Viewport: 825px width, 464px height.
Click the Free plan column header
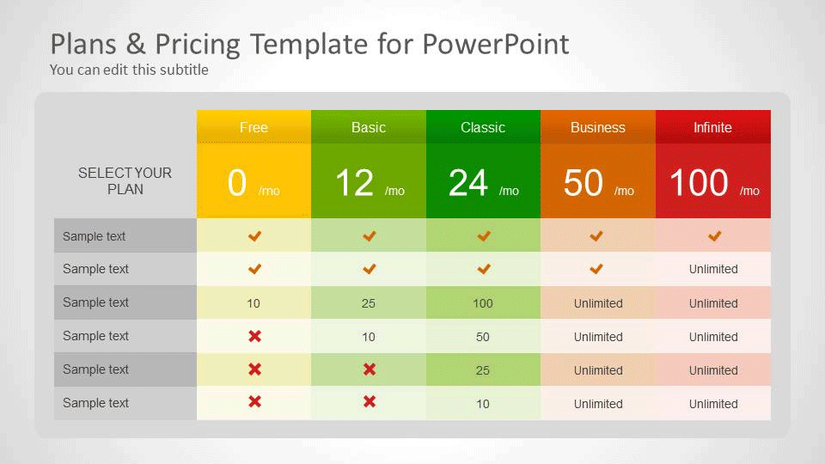254,127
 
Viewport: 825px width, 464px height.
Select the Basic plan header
369,127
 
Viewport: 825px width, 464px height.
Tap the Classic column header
483,127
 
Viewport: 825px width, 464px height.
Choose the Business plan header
598,127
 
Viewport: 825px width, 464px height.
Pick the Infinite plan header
712,127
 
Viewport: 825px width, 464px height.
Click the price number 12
355,183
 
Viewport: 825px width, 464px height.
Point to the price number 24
468,183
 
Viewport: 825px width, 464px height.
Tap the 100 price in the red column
699,183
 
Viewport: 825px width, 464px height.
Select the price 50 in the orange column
583,183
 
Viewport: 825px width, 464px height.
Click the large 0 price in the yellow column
237,183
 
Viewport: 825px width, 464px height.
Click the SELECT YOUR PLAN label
125,181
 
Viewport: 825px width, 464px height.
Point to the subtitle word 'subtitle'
184,70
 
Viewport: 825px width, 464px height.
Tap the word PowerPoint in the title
496,44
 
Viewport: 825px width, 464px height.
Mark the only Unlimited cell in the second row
713,269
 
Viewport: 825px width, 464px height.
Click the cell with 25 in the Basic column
369,303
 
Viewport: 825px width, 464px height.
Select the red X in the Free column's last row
254,402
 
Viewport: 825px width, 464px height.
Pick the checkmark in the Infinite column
714,236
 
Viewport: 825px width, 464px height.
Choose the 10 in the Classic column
483,404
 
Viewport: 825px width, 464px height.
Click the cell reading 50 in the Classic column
483,337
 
